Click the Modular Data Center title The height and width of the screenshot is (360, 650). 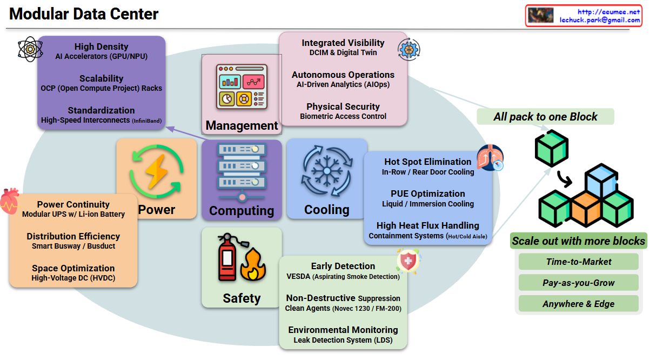tap(84, 14)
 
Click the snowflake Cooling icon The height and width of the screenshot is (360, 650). tap(326, 172)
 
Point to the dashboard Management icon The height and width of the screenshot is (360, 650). tap(242, 86)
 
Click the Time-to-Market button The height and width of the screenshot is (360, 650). tap(578, 262)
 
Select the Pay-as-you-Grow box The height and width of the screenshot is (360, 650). tap(578, 283)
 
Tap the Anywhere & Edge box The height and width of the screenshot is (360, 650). tap(578, 304)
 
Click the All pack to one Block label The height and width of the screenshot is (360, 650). tap(545, 117)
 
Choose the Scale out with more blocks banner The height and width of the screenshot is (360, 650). tap(578, 241)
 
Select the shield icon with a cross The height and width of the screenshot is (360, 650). tap(408, 261)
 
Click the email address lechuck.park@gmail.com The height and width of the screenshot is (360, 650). tap(600, 19)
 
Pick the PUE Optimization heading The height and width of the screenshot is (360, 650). tap(427, 194)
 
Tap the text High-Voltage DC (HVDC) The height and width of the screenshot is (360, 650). tap(73, 278)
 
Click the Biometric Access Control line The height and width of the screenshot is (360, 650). tap(343, 116)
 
